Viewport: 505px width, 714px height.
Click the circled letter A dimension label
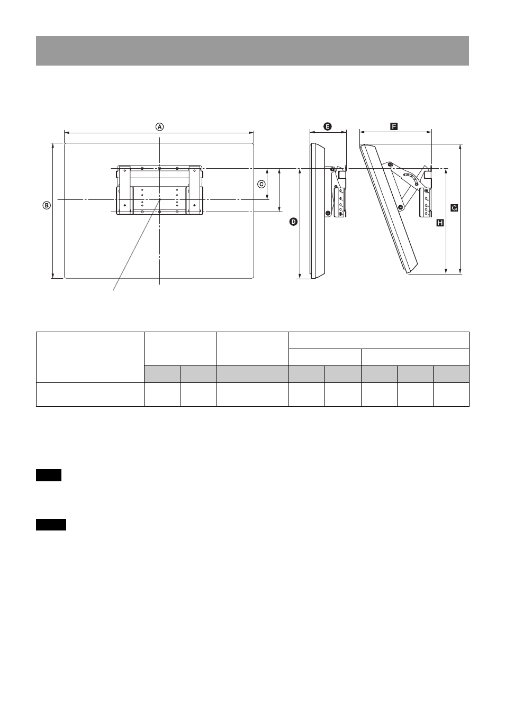(159, 127)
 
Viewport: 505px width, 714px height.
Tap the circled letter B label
(47, 206)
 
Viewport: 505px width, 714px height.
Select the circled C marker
(261, 184)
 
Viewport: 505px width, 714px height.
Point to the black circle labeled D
(293, 222)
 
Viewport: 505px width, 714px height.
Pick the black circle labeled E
(327, 126)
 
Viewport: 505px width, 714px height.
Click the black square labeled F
(394, 126)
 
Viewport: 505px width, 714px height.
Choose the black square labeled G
(454, 208)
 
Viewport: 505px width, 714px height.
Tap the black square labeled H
(440, 223)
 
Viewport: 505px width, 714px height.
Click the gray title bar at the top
(252, 51)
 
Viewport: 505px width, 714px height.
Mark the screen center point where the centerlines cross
(159, 199)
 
